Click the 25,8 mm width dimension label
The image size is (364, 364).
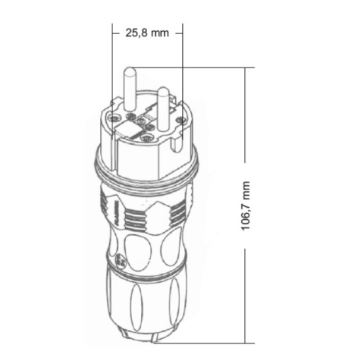[x=147, y=33]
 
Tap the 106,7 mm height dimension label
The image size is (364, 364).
[x=245, y=206]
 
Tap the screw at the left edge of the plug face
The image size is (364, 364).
[x=114, y=118]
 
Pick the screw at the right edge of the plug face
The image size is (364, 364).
[x=180, y=120]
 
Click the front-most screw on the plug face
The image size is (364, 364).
[x=146, y=138]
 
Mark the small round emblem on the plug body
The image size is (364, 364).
[x=119, y=260]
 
